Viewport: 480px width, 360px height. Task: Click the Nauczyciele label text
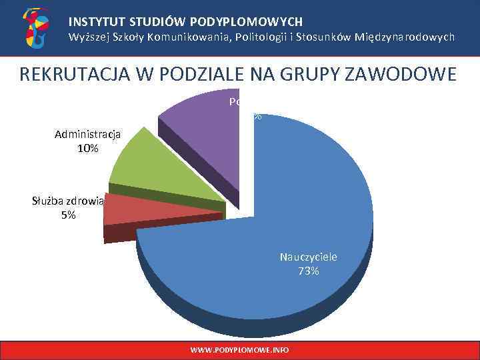point(309,257)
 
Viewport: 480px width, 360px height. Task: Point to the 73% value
point(309,271)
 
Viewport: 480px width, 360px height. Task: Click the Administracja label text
point(88,134)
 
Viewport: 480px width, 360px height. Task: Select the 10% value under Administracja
point(88,148)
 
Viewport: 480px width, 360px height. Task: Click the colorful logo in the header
point(35,28)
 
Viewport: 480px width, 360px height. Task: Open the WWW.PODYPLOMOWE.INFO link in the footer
point(239,350)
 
